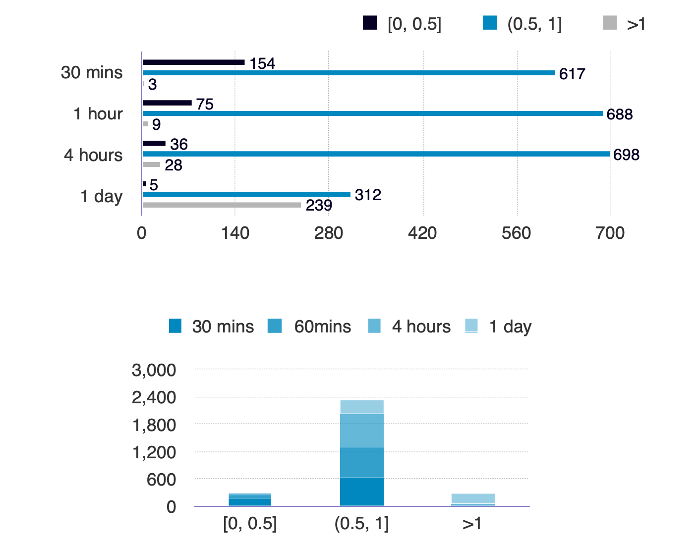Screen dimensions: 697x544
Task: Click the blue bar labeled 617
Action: tap(348, 73)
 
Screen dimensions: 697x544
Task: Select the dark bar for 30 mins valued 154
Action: tap(193, 62)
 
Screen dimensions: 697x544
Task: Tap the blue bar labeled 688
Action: tap(372, 113)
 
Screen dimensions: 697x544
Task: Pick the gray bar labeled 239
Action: tap(222, 205)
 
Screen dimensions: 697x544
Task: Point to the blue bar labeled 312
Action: tap(246, 194)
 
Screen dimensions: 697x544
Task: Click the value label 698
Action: tap(626, 155)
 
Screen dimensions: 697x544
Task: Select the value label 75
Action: tap(205, 104)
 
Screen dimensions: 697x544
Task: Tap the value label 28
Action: tap(173, 165)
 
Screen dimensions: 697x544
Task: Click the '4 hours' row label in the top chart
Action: tap(93, 155)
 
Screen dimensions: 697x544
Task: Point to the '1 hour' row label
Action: tap(98, 114)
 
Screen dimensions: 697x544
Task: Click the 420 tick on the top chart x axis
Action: tap(422, 233)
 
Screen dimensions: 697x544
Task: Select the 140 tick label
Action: tap(235, 233)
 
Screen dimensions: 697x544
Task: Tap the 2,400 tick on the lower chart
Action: tap(154, 397)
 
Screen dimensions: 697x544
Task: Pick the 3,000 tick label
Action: tap(154, 370)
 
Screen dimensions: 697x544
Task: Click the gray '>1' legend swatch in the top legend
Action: tap(610, 23)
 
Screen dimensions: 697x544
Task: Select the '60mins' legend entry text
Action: tap(322, 326)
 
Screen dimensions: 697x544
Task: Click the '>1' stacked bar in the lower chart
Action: tap(473, 500)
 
